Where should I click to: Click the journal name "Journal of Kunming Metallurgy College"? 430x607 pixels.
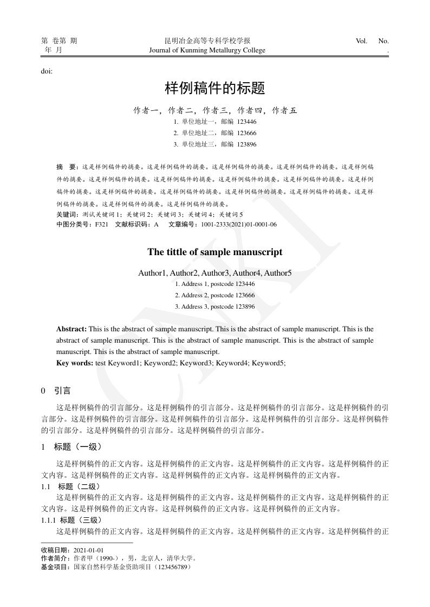point(207,50)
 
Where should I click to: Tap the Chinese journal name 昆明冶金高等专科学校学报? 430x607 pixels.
point(207,41)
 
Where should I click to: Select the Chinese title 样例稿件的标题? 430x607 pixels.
point(214,88)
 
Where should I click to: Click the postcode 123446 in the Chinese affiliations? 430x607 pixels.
point(246,122)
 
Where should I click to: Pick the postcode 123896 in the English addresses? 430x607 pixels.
point(245,306)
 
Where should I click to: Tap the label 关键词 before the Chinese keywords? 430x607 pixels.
point(67,215)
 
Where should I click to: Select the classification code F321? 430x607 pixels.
point(102,224)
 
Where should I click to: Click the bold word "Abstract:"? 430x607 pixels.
point(71,329)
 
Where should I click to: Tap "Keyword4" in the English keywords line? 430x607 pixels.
point(232,363)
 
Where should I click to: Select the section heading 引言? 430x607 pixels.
point(62,390)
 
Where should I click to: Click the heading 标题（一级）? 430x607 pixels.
point(77,447)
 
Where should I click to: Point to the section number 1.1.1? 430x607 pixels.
point(49,520)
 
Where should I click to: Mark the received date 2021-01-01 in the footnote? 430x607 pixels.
point(89,550)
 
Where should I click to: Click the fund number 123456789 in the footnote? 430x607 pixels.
point(172,568)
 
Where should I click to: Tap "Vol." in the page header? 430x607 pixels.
point(362,41)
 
